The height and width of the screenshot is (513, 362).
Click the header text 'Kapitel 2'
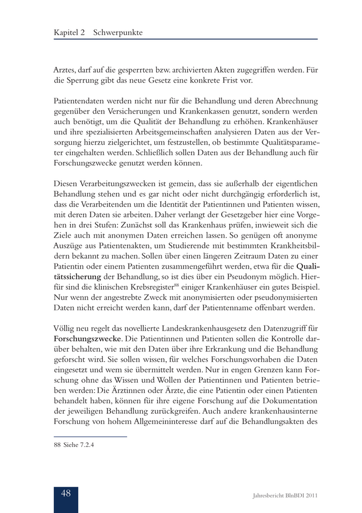click(x=69, y=33)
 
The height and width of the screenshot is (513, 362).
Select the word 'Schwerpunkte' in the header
click(x=118, y=33)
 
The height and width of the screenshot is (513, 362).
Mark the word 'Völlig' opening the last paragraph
click(x=65, y=328)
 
